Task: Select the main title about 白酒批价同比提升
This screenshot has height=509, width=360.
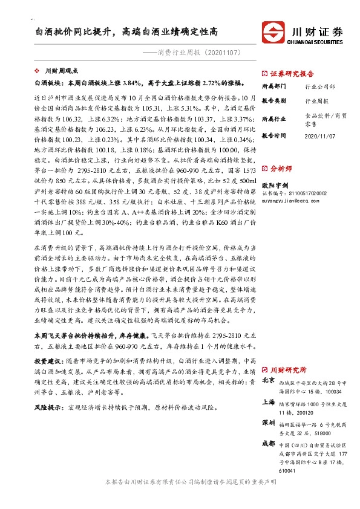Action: pyautogui.click(x=127, y=30)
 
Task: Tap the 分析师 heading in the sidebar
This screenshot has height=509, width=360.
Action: pyautogui.click(x=282, y=169)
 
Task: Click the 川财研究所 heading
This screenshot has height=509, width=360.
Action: pyautogui.click(x=288, y=369)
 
